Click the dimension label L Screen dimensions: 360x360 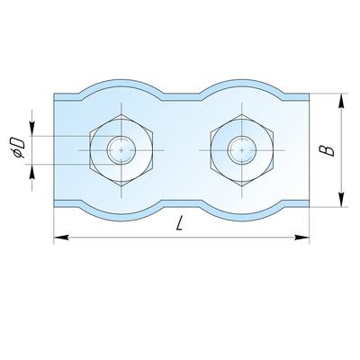tap(179, 223)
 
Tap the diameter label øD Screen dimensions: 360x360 tap(17, 148)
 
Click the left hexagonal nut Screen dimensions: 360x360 tap(121, 150)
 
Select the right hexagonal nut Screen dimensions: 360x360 tap(242, 150)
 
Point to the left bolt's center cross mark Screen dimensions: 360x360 tap(121, 150)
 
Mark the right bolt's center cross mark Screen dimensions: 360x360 tap(242, 150)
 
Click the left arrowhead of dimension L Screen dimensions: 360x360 tap(61, 238)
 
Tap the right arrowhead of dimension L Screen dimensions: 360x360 tap(301, 238)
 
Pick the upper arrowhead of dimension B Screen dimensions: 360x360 tap(341, 101)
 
